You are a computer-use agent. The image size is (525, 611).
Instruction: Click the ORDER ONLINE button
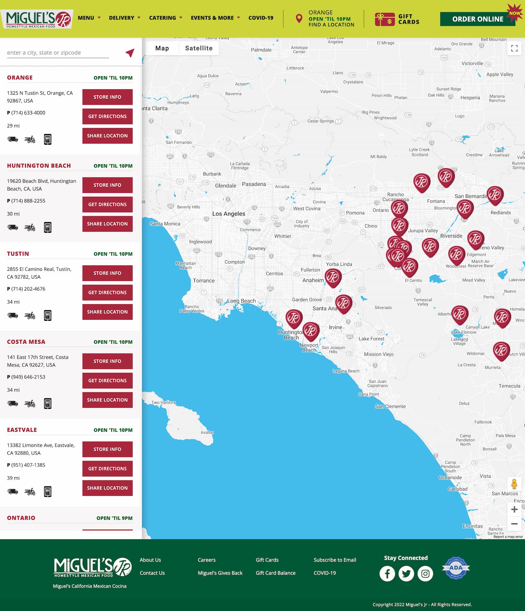477,19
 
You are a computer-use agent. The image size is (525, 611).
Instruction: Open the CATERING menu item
162,18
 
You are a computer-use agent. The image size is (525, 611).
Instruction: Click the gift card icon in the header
385,19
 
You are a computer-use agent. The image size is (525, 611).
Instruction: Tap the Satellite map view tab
199,48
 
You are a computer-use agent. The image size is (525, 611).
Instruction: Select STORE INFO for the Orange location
107,97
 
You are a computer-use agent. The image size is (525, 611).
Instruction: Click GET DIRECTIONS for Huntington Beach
107,204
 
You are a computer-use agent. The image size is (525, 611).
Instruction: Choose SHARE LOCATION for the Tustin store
107,312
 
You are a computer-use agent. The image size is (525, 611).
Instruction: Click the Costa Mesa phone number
28,377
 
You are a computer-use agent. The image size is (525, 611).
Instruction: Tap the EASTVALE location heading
22,430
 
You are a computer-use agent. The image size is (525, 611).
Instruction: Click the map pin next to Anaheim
333,277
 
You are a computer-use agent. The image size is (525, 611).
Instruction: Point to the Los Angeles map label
229,214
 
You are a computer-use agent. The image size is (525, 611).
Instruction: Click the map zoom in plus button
514,509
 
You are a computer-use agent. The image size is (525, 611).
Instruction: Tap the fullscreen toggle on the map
514,48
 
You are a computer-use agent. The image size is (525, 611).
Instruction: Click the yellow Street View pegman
514,484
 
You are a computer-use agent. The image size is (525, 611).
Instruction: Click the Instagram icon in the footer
425,574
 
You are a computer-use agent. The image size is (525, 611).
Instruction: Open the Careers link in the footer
207,560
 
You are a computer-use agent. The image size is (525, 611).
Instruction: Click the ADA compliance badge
456,568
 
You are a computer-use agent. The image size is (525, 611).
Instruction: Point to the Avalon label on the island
207,432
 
